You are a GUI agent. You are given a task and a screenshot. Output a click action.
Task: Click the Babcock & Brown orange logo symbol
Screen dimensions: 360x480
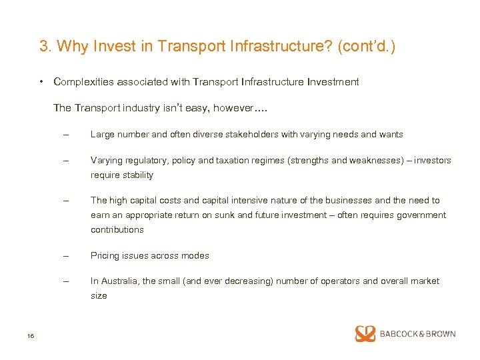pyautogui.click(x=365, y=334)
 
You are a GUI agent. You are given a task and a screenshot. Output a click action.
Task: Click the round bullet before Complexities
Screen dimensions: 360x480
pyautogui.click(x=41, y=82)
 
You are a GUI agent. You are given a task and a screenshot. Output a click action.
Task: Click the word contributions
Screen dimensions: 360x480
pyautogui.click(x=117, y=230)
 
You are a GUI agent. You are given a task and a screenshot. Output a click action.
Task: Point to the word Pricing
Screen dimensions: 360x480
pyautogui.click(x=105, y=256)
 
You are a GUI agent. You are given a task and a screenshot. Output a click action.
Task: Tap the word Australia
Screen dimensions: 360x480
pyautogui.click(x=119, y=281)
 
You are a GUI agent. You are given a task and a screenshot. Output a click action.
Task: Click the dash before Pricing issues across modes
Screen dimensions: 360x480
pyautogui.click(x=65, y=255)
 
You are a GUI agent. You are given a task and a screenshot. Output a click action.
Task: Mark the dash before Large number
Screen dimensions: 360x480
pyautogui.click(x=65, y=134)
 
